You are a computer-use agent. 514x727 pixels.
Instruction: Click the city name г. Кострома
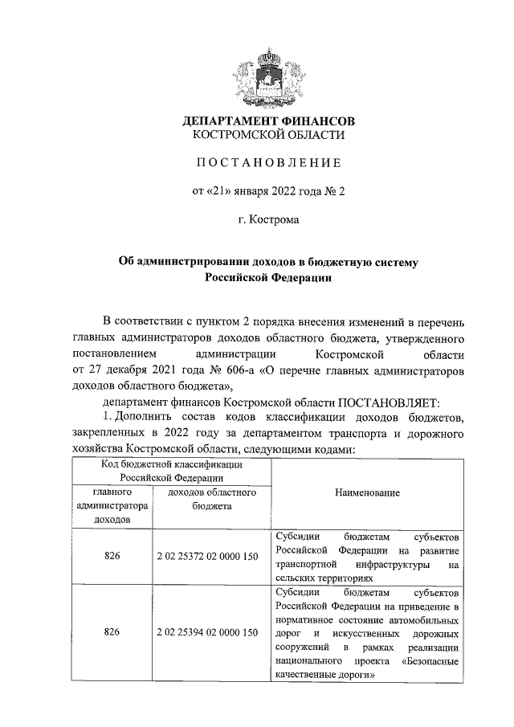(x=268, y=219)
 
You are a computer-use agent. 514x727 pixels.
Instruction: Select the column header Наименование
(x=366, y=492)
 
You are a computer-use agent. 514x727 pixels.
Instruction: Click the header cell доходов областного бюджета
(x=211, y=499)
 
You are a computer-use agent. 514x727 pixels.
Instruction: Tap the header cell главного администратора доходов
(x=112, y=505)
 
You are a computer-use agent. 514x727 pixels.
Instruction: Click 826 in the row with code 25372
(x=112, y=556)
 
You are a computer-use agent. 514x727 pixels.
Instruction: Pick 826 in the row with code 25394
(x=112, y=632)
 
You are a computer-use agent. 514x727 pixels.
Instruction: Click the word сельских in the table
(x=292, y=578)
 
